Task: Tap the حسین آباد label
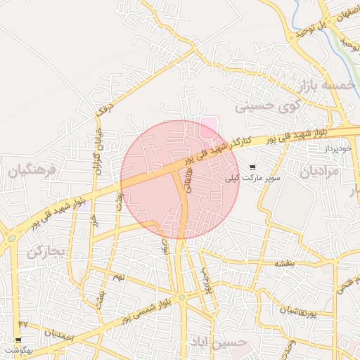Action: (218, 342)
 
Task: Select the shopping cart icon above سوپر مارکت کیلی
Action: (252, 167)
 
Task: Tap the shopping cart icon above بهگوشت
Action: (18, 340)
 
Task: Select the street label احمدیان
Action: (58, 332)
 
